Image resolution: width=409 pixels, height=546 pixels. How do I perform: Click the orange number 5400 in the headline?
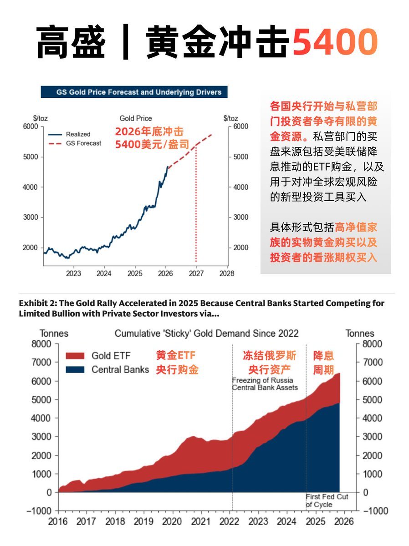coord(335,43)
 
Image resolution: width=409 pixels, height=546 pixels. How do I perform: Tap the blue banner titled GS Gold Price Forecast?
coord(134,92)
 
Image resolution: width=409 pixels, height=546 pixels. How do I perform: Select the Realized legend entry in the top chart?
coord(78,134)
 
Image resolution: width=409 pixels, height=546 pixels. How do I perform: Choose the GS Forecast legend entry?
coord(83,143)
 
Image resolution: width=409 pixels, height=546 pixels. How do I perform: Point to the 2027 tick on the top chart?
coord(196,273)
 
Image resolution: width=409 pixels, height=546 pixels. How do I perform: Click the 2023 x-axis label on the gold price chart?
coord(73,273)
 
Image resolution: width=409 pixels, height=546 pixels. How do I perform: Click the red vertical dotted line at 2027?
coord(196,205)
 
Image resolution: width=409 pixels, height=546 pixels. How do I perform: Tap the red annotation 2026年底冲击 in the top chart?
coord(149,132)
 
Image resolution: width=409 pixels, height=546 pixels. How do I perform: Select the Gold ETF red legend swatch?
coord(75,355)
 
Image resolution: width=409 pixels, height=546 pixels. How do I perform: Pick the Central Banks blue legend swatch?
coord(75,369)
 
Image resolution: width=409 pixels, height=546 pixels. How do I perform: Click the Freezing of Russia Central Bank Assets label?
coord(265,384)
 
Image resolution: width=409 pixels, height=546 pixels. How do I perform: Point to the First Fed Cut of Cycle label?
coord(327,500)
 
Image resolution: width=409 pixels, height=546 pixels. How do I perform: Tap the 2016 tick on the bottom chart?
coord(58,522)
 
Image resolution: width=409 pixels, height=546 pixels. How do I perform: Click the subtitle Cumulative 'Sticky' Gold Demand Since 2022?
coord(206,334)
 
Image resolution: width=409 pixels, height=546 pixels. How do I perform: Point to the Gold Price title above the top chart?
coord(136,118)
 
